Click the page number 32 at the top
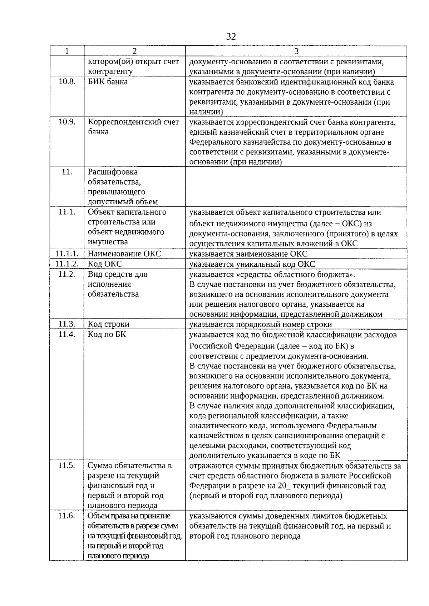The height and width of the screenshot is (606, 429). click(x=231, y=36)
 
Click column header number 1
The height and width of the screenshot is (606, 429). click(x=67, y=51)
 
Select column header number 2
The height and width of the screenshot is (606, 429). click(x=134, y=51)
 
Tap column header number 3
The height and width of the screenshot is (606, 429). click(x=296, y=51)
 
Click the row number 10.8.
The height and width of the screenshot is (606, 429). click(x=67, y=81)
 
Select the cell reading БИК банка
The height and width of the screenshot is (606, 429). click(x=108, y=82)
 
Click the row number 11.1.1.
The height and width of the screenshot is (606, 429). click(x=67, y=254)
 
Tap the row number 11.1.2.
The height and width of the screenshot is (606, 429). click(x=67, y=264)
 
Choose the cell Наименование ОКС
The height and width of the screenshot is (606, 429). click(x=124, y=254)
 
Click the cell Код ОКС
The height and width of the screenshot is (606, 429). click(x=105, y=264)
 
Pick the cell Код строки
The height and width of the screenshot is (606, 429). click(x=109, y=324)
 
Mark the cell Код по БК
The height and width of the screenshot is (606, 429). click(x=107, y=334)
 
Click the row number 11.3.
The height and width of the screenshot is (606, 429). click(x=67, y=324)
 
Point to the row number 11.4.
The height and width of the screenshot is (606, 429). click(x=67, y=334)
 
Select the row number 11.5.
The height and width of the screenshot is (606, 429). click(x=67, y=465)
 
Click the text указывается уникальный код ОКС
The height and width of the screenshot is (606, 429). click(x=252, y=264)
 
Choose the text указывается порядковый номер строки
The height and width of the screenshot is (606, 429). click(x=260, y=324)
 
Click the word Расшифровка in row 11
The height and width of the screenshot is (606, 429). click(x=113, y=172)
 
